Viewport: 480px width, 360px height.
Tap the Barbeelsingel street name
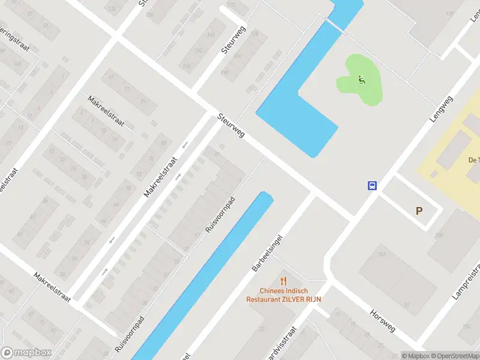267,252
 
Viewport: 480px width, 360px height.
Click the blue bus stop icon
373,185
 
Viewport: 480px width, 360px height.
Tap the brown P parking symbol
419,211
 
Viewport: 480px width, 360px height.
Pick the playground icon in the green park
361,80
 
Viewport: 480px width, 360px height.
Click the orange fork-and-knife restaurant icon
283,280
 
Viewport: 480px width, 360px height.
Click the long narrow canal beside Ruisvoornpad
204,276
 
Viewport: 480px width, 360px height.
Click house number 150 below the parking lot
439,235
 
